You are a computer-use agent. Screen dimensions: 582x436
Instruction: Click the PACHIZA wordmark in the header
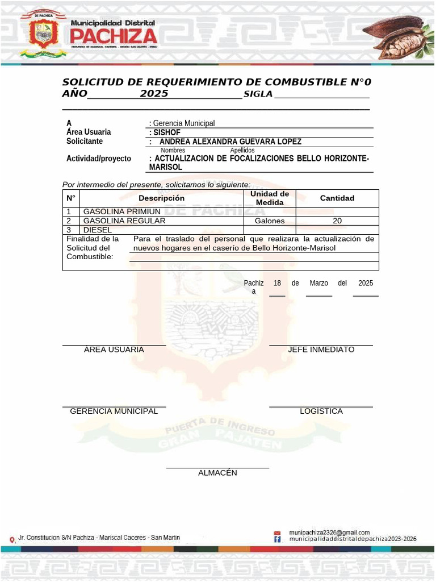(114, 36)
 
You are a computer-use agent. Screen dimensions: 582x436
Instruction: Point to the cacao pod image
(397, 37)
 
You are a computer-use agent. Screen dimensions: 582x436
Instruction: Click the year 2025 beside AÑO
(154, 94)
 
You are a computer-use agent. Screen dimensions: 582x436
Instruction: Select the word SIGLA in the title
(258, 94)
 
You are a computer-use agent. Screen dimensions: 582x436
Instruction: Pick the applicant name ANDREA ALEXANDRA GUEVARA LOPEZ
(230, 142)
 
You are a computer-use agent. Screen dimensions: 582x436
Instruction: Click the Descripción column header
(161, 198)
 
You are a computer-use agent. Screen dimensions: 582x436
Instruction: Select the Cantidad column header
(337, 198)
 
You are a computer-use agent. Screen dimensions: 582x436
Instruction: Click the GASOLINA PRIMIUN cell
(122, 211)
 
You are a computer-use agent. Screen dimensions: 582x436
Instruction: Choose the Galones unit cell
(269, 221)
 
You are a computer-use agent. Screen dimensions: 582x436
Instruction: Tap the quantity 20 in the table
(337, 221)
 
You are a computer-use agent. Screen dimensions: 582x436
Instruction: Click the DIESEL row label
(97, 230)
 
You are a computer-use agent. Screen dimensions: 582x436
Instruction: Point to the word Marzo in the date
(318, 283)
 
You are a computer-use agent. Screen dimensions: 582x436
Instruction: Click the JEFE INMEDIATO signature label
(321, 350)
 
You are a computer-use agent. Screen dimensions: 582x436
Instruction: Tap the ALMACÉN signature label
(217, 473)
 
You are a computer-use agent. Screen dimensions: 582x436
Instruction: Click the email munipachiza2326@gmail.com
(329, 533)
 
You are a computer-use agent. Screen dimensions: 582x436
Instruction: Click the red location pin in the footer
(12, 539)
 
